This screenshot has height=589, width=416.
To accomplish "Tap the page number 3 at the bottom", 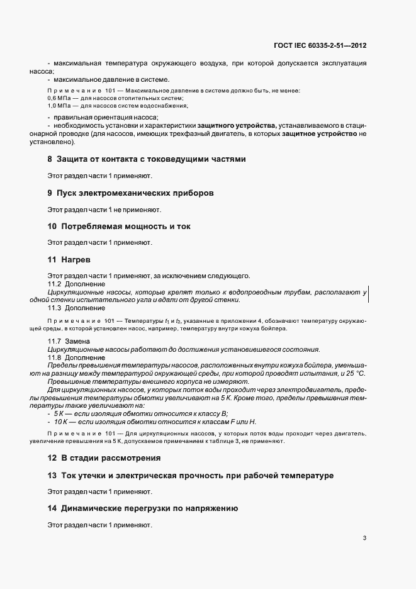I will pyautogui.click(x=365, y=538).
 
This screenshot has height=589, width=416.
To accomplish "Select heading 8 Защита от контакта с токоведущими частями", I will pyautogui.click(x=146, y=159).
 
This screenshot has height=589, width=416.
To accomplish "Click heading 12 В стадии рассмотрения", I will pyautogui.click(x=103, y=457).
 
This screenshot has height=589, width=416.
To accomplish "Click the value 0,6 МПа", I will pyautogui.click(x=59, y=99).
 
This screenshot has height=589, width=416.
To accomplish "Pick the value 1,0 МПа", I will pyautogui.click(x=59, y=106).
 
